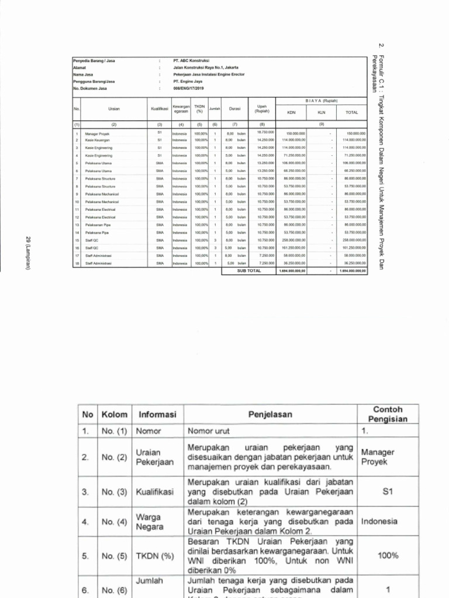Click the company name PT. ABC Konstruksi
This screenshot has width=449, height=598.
click(191, 60)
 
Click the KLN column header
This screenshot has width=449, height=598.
click(321, 113)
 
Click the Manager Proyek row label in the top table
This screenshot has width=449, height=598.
click(97, 134)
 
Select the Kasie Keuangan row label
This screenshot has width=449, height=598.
click(97, 140)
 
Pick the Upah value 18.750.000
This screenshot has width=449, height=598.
click(266, 133)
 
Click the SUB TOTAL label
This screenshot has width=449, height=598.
click(248, 270)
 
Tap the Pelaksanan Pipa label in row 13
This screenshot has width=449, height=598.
click(98, 224)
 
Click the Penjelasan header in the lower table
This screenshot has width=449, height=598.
click(269, 415)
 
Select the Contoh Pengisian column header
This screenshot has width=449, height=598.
click(388, 414)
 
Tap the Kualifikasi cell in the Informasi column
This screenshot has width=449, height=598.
click(155, 492)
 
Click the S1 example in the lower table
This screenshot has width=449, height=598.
click(388, 492)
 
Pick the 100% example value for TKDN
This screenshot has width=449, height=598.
click(388, 555)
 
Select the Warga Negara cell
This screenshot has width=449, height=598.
click(149, 521)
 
